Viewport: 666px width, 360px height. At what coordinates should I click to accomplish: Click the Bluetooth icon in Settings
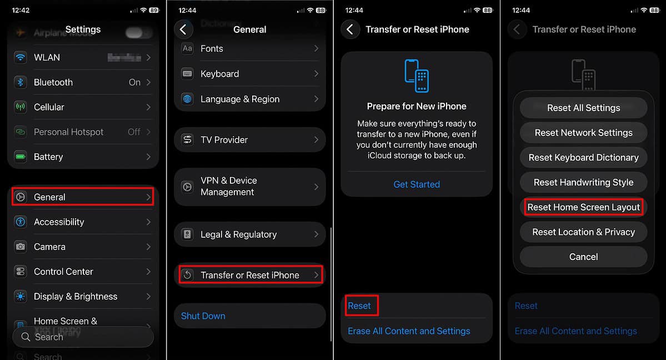point(21,82)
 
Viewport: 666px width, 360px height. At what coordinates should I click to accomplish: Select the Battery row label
point(48,157)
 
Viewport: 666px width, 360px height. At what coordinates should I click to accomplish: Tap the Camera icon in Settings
point(21,247)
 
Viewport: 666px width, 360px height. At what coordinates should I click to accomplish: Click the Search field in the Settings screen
point(83,337)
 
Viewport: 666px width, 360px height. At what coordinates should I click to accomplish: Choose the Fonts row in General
point(250,49)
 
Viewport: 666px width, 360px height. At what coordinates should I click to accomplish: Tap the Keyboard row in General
point(250,74)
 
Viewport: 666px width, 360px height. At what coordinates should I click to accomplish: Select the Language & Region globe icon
point(188,99)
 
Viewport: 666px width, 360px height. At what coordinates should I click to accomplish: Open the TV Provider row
point(250,140)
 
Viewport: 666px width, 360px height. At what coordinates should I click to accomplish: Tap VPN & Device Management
point(250,186)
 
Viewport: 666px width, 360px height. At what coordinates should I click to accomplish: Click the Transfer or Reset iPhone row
point(250,275)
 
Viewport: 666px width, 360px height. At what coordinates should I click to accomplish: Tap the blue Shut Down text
point(203,316)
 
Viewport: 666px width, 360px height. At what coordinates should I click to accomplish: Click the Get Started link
point(417,184)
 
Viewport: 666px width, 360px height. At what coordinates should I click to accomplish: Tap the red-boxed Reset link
point(359,306)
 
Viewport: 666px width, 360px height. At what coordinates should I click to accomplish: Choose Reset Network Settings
point(584,133)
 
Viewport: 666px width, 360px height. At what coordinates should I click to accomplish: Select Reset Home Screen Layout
point(584,207)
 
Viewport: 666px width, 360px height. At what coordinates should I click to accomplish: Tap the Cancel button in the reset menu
point(584,257)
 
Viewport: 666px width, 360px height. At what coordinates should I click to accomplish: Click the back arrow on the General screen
point(183,29)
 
